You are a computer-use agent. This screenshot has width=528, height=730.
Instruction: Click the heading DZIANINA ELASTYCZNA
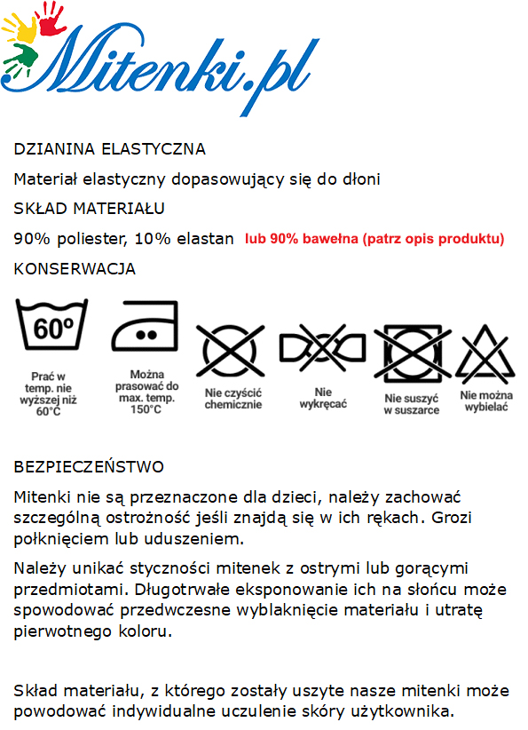pos(110,148)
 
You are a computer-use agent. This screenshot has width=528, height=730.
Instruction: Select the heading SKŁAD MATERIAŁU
pos(90,209)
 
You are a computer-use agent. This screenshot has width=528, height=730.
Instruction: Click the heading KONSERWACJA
pos(75,268)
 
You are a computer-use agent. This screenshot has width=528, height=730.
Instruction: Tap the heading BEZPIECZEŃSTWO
pos(89,466)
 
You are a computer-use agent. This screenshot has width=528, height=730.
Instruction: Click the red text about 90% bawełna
pos(374,239)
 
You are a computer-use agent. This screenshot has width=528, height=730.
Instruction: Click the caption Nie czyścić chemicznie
pos(233,399)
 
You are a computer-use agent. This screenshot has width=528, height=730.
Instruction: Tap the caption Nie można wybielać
pos(487,401)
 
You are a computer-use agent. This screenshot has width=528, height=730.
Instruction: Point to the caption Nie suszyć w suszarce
pos(412,404)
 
